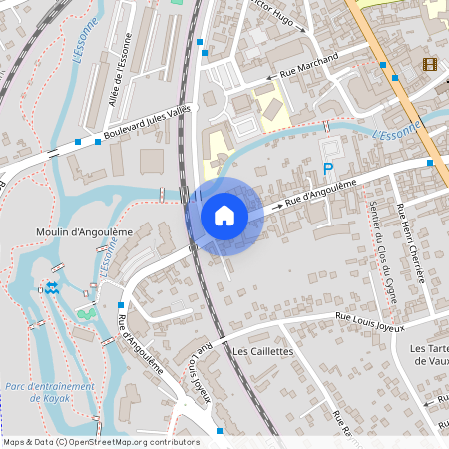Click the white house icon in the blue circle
[x=224, y=215]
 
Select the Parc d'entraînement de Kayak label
[x=49, y=392]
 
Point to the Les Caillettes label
[x=262, y=352]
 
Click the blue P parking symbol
[x=327, y=171]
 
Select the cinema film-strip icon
[x=429, y=65]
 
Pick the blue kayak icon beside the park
[x=52, y=288]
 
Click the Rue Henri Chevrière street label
[x=412, y=243]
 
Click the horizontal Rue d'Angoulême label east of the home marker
[x=320, y=194]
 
